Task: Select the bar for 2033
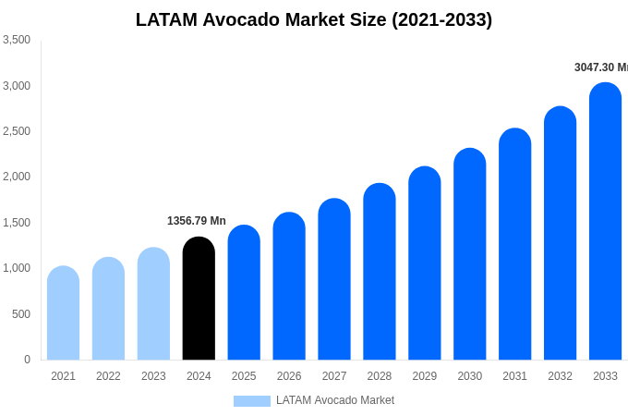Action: pyautogui.click(x=605, y=222)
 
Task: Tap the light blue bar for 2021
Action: pyautogui.click(x=63, y=313)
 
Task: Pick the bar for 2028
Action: pyautogui.click(x=380, y=272)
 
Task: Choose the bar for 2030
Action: pyautogui.click(x=469, y=254)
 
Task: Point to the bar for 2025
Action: pyautogui.click(x=244, y=293)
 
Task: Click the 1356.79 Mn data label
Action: pyautogui.click(x=196, y=221)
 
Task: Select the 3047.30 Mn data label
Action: pyautogui.click(x=600, y=67)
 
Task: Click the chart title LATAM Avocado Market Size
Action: pyautogui.click(x=314, y=19)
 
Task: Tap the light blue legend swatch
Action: pyautogui.click(x=251, y=401)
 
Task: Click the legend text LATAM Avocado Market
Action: pyautogui.click(x=335, y=400)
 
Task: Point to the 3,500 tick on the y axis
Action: pyautogui.click(x=17, y=40)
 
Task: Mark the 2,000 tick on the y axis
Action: pyautogui.click(x=17, y=177)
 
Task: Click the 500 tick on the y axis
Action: pyautogui.click(x=21, y=314)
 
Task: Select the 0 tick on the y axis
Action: pyautogui.click(x=27, y=360)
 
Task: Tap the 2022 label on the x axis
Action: pyautogui.click(x=108, y=376)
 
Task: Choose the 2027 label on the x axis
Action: pyautogui.click(x=334, y=376)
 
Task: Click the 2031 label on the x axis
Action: pyautogui.click(x=514, y=376)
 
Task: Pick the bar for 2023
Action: pyautogui.click(x=153, y=304)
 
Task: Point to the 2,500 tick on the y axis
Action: pyautogui.click(x=17, y=131)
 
